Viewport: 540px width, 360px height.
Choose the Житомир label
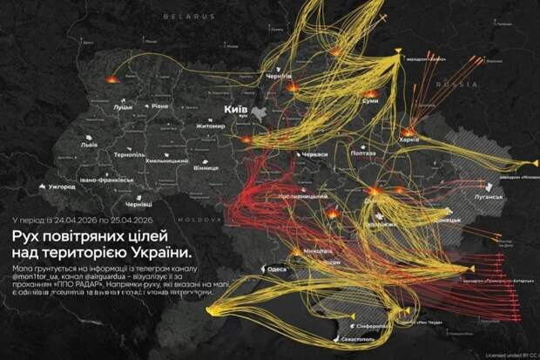point(211,126)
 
